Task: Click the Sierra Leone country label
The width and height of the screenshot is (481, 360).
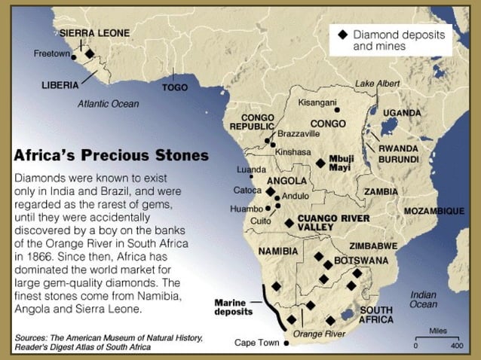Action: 94,33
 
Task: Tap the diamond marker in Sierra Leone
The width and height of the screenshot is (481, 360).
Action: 90,53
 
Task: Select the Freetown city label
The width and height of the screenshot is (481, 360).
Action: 51,53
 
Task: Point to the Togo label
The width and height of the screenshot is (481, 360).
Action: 175,87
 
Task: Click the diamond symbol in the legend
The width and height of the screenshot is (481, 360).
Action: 343,35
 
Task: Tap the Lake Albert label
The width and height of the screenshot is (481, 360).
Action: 378,83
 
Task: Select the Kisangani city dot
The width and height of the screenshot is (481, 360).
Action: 338,109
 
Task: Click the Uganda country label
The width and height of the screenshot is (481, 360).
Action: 402,113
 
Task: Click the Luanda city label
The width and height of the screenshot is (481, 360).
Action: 251,169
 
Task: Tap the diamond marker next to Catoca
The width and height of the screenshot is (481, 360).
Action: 270,191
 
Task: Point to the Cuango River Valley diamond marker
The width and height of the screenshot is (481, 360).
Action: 290,223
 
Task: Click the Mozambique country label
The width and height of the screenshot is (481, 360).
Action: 434,212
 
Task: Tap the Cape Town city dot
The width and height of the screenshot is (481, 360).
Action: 286,343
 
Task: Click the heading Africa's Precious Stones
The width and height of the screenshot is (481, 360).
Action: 111,156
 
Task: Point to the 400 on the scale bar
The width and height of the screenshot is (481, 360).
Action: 457,346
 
